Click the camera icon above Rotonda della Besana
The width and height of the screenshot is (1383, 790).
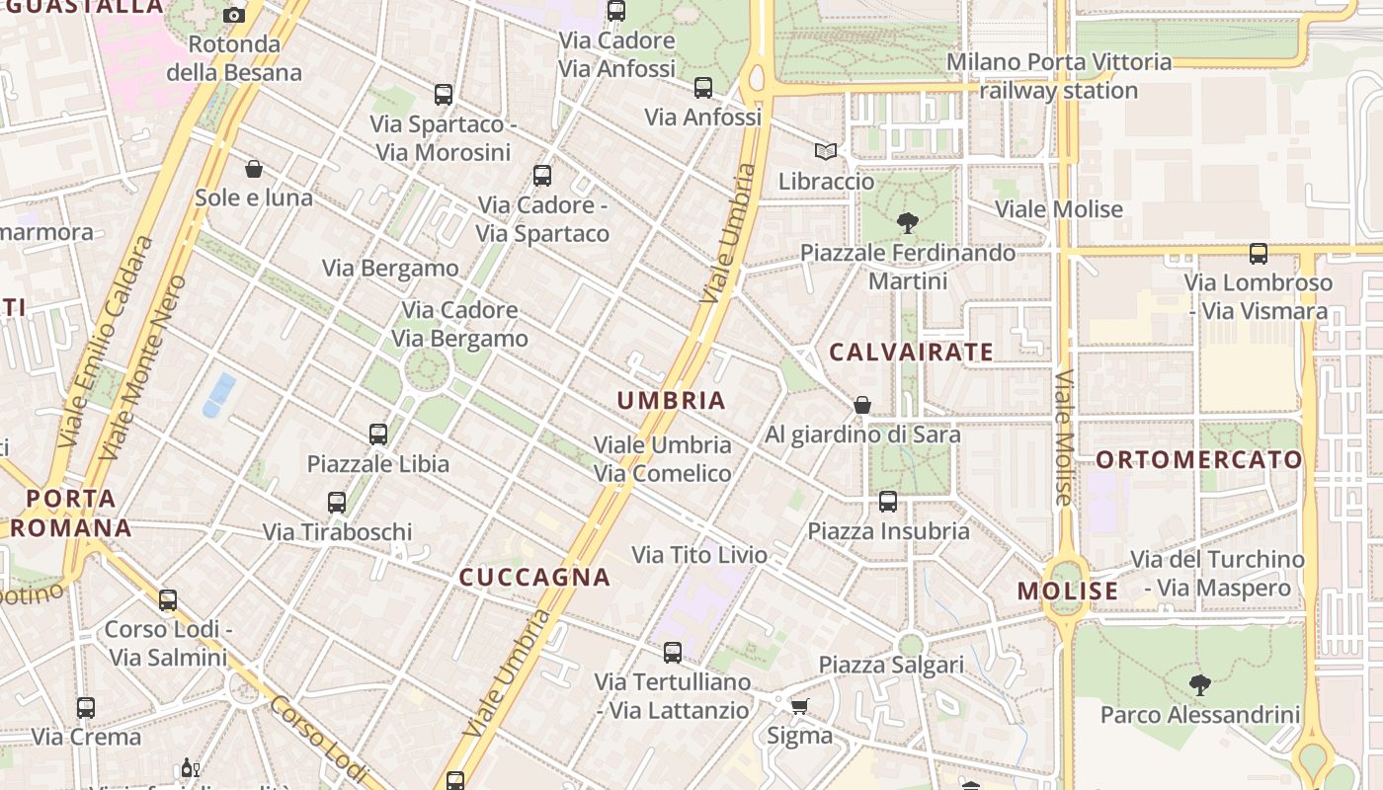click(x=234, y=15)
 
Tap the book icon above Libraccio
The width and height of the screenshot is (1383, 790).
click(x=826, y=152)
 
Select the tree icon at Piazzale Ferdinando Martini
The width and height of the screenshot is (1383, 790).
click(x=907, y=223)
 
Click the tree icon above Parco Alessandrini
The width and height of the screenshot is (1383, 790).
click(x=1200, y=684)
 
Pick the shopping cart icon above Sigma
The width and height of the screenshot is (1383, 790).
click(x=799, y=706)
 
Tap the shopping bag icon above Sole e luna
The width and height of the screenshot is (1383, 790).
click(x=254, y=169)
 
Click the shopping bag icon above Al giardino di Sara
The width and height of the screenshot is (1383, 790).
click(x=862, y=405)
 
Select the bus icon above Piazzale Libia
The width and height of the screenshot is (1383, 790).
click(x=378, y=434)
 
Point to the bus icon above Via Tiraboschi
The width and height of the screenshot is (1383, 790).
click(x=337, y=503)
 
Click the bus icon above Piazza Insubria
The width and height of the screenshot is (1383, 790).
click(x=888, y=502)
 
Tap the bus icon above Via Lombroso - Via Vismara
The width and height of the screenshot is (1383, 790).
click(x=1258, y=254)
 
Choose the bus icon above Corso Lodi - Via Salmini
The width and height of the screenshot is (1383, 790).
click(x=168, y=600)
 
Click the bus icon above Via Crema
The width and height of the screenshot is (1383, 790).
click(x=86, y=708)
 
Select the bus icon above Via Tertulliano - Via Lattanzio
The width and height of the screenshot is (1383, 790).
click(x=673, y=653)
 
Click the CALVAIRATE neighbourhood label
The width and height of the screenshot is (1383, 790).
click(x=911, y=352)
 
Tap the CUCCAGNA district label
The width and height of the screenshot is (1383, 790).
click(x=534, y=577)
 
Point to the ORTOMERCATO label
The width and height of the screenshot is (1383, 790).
click(x=1199, y=459)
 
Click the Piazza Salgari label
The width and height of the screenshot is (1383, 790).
click(x=891, y=665)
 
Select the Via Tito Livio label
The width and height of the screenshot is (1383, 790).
click(x=699, y=555)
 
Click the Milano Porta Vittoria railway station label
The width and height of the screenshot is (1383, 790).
click(x=1059, y=76)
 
